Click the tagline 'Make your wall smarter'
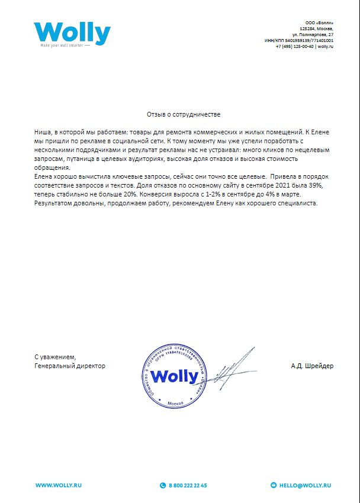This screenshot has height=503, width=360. click(x=63, y=46)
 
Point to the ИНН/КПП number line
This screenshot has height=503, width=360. click(x=298, y=40)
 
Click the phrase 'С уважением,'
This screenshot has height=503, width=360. click(x=55, y=357)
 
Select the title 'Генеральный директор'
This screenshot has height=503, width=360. click(x=70, y=366)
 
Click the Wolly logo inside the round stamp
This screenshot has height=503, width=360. click(x=174, y=376)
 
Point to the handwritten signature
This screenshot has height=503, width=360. click(x=228, y=368)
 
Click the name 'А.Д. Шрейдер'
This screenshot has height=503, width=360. click(x=312, y=366)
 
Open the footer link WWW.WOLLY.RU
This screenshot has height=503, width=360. click(x=58, y=485)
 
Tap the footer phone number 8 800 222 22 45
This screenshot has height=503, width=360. click(x=187, y=485)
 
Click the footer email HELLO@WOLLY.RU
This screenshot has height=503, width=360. click(x=305, y=485)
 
